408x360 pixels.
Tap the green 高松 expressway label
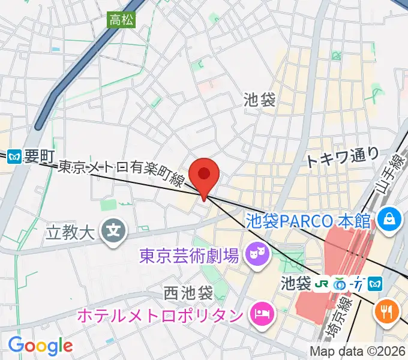click(121, 20)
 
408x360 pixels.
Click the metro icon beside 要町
click(15, 158)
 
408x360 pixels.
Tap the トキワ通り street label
click(343, 158)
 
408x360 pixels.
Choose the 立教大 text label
click(71, 232)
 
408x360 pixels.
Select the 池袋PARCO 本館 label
click(308, 220)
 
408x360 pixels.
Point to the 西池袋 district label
click(188, 293)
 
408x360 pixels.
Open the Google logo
click(40, 346)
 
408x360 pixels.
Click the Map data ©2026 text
click(358, 351)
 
